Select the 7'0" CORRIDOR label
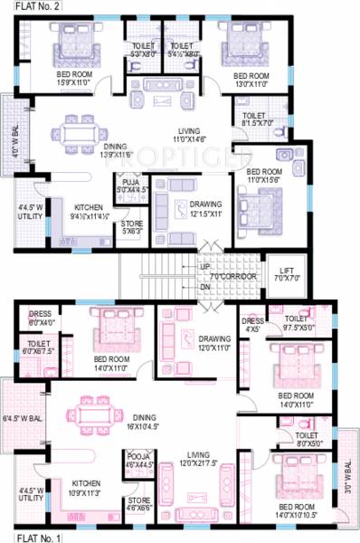point(235,276)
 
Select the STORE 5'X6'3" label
point(132,226)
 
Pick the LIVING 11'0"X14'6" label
point(189,134)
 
